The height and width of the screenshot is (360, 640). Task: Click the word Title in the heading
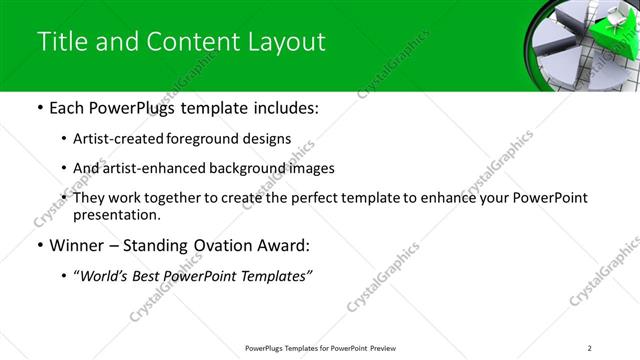pyautogui.click(x=61, y=42)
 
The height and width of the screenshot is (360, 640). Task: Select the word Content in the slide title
pyautogui.click(x=190, y=42)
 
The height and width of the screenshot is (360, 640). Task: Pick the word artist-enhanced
pyautogui.click(x=153, y=169)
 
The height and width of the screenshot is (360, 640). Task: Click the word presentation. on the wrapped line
pyautogui.click(x=115, y=215)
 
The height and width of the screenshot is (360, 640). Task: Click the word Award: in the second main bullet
pyautogui.click(x=286, y=246)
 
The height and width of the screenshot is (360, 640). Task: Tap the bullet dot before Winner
pyautogui.click(x=39, y=246)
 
